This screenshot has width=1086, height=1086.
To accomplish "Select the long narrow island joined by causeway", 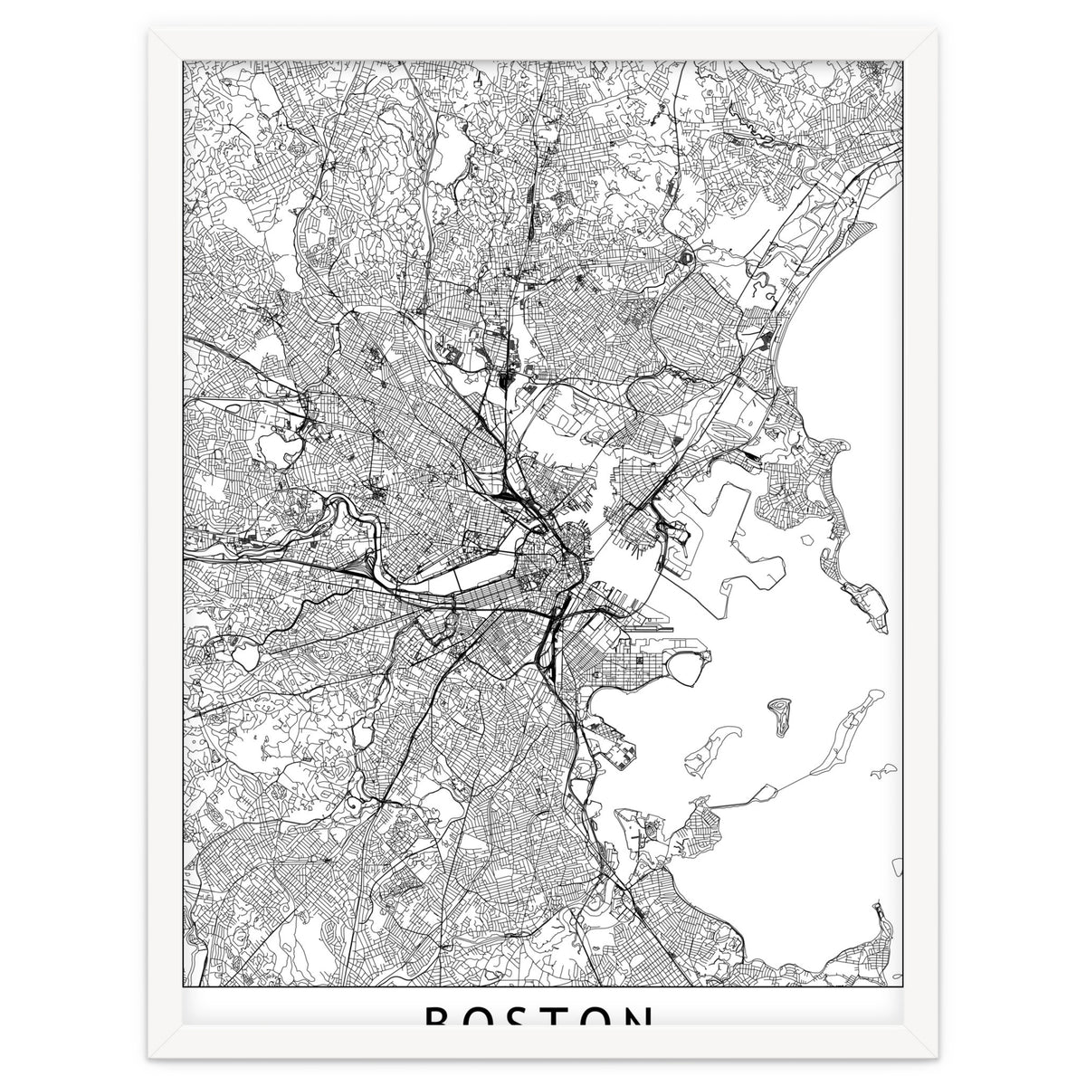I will click(x=846, y=733).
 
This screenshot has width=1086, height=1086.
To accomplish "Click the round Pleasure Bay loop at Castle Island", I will click(x=688, y=671).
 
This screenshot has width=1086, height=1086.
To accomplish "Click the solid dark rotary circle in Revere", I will click(x=683, y=257).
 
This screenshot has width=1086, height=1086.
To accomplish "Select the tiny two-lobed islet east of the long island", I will click(x=881, y=772).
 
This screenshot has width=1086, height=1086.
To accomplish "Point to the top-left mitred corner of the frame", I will click(x=150, y=31).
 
